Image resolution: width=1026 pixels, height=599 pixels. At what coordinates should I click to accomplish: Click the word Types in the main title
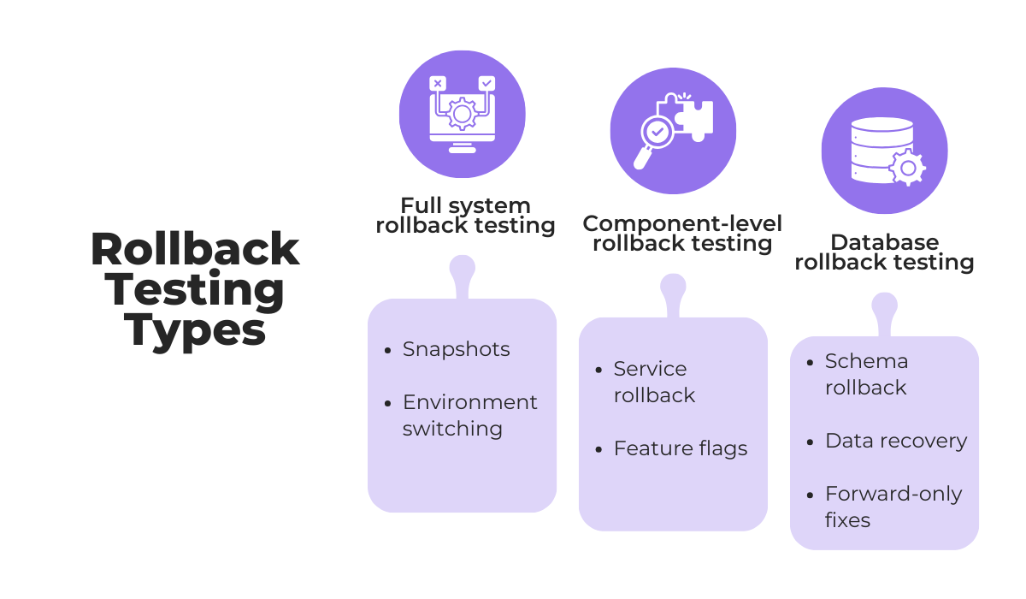point(195,329)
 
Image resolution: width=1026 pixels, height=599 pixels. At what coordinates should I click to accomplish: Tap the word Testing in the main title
point(195,289)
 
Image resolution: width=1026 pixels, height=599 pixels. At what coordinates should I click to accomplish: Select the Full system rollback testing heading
point(465,216)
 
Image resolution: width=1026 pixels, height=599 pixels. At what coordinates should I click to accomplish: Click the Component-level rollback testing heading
point(681,234)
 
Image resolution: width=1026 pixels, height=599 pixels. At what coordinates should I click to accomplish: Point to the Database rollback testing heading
point(884,252)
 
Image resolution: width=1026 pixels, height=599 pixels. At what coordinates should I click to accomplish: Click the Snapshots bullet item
point(456,349)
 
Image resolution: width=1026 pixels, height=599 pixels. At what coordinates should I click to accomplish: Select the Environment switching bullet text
point(469,415)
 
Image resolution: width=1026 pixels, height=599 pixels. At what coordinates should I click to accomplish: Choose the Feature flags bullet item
point(680,448)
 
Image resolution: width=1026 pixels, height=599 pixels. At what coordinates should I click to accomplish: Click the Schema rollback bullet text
point(866,374)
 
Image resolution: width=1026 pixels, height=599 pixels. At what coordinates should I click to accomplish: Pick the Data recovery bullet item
point(895,441)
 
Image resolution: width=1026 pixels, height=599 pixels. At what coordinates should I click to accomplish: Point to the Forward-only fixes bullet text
point(893,507)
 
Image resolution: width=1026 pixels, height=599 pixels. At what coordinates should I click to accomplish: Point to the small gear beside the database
point(907,167)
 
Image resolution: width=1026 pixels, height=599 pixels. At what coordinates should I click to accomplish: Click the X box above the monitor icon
point(438,83)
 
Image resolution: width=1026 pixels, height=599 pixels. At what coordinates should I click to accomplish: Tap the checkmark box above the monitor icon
point(486,83)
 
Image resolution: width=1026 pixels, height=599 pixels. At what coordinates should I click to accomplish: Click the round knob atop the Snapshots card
point(462,268)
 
